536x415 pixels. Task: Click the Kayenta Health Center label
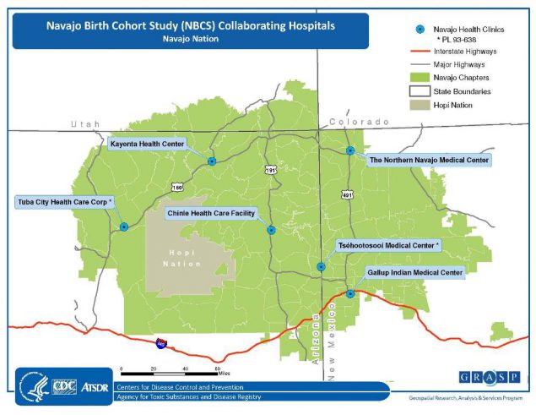tap(148, 145)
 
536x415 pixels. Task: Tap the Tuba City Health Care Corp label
tap(64, 202)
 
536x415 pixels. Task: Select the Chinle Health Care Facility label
tap(211, 214)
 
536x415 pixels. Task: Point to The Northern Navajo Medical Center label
tap(430, 159)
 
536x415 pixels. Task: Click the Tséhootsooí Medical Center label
tap(390, 245)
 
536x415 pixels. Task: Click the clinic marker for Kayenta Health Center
tap(212, 161)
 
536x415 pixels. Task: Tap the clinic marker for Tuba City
tap(124, 227)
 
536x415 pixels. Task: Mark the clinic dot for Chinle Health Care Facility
tap(271, 229)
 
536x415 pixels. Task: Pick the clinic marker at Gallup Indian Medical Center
tap(350, 294)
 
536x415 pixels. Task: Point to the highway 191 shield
tap(270, 169)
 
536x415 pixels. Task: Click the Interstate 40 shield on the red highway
tap(160, 344)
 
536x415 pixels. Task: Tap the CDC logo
tap(64, 387)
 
